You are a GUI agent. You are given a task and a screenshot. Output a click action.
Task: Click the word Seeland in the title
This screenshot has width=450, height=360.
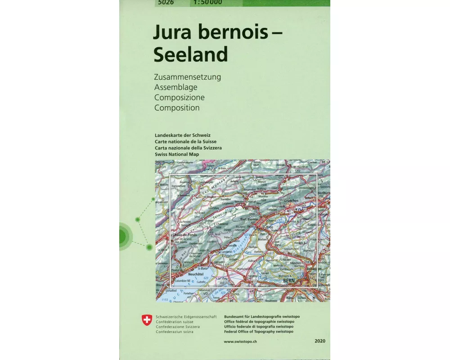[x=190, y=54]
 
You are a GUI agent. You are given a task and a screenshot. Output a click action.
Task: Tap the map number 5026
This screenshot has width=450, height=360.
[x=166, y=3]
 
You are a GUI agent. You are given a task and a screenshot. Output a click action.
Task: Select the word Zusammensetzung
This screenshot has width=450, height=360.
[x=187, y=77]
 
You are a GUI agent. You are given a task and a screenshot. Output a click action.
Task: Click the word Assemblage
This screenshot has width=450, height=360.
[x=175, y=87]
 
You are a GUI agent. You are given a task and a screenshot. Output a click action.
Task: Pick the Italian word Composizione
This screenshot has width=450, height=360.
[x=179, y=97]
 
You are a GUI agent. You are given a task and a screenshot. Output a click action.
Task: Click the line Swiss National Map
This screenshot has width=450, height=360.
[x=176, y=154]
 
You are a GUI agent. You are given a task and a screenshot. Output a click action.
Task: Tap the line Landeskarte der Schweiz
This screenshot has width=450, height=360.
[x=182, y=135]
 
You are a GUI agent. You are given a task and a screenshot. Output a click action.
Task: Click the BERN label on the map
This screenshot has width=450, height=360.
[x=288, y=280]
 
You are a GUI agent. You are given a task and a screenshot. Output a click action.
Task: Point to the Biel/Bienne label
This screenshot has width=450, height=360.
[x=249, y=219]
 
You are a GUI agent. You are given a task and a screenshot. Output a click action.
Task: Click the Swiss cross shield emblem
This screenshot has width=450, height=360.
[x=147, y=320]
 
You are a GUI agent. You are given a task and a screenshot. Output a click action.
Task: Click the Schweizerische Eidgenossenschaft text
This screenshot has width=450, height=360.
[x=186, y=317]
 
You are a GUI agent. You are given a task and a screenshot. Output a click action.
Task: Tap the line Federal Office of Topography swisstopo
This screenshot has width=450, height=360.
[x=258, y=332]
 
